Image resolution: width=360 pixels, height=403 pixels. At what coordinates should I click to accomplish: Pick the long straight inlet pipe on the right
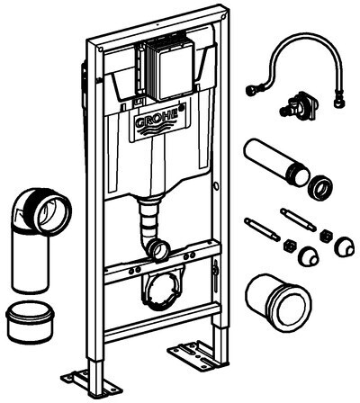(276, 162)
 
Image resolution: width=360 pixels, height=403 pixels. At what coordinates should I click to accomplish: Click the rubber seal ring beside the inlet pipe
(319, 189)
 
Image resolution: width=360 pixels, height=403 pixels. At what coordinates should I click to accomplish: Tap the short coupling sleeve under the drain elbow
(30, 322)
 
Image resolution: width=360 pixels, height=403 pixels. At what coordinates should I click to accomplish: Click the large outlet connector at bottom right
(278, 303)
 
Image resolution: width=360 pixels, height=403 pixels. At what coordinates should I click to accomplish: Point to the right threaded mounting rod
(298, 220)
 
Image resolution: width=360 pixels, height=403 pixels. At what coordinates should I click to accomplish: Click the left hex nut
(290, 246)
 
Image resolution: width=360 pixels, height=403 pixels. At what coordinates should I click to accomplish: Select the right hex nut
(326, 237)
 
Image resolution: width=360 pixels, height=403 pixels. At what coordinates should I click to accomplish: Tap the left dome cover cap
(308, 256)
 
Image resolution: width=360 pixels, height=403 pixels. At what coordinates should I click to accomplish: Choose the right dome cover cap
(344, 246)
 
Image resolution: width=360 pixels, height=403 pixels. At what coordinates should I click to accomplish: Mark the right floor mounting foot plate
(195, 354)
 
